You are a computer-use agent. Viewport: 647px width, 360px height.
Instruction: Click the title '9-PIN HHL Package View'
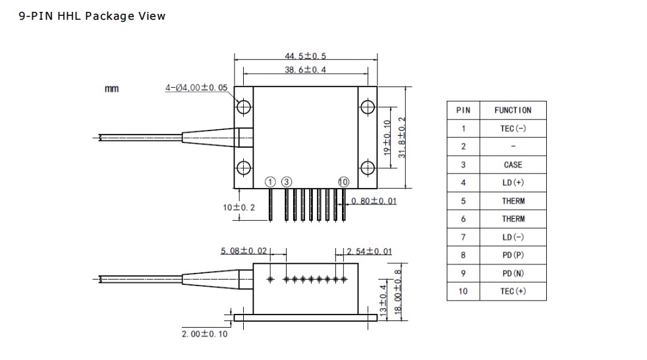coord(93,16)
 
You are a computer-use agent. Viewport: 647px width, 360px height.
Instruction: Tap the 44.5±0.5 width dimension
coord(305,56)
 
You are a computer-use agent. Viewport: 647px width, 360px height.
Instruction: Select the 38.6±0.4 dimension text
coord(305,69)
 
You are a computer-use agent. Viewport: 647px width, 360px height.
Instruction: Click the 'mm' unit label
coord(112,89)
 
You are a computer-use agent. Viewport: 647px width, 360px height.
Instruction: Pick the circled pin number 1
coord(270,182)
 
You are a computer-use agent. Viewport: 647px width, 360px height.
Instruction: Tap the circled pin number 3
coord(287,182)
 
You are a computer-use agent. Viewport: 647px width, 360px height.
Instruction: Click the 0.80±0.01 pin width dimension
coord(374,201)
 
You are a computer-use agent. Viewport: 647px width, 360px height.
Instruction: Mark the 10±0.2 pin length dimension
coord(238,208)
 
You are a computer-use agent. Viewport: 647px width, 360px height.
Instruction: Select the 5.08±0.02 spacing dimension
coord(244,251)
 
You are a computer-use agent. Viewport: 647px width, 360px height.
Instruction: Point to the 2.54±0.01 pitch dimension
coord(369,251)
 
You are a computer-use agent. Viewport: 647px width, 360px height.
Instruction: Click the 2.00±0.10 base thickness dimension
coord(204,334)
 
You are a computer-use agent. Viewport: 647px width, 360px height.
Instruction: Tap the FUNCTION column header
coord(513,110)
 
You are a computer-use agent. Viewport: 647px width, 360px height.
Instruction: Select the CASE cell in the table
coord(513,165)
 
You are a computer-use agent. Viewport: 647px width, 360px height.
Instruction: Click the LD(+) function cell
coord(513,183)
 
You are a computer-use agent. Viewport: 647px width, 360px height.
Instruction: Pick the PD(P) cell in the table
coord(513,255)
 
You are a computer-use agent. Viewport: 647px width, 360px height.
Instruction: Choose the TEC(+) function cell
coord(513,291)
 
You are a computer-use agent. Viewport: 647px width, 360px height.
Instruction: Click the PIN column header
coord(463,110)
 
